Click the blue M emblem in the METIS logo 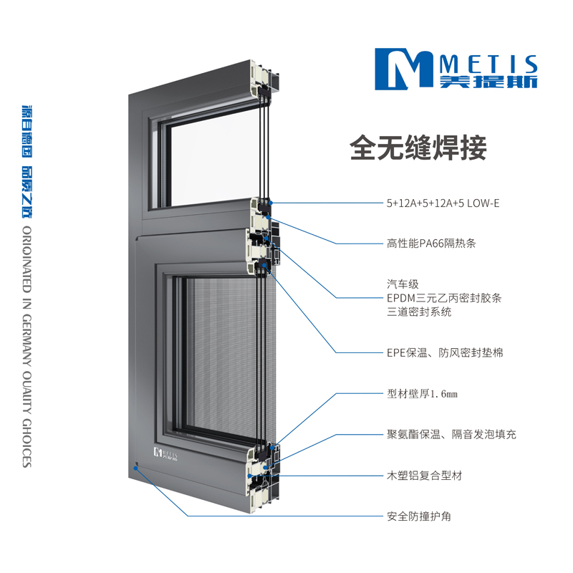coord(404,69)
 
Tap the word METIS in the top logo coord(488,64)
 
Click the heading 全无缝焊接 coord(418,148)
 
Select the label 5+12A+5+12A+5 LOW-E coord(443,203)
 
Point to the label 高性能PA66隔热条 coord(431,244)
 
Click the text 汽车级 coord(403,284)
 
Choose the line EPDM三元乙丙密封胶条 coord(444,298)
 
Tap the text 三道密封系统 coord(419,312)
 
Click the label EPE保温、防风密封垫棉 coord(445,352)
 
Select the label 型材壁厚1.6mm coord(422,394)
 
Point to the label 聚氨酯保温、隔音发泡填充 coord(451,435)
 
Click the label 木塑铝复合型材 coord(424,476)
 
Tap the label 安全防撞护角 coord(419,516)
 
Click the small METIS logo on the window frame coord(165,453)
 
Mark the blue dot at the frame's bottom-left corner coord(135,468)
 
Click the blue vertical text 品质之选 coord(27,192)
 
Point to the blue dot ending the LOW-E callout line coord(271,203)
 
